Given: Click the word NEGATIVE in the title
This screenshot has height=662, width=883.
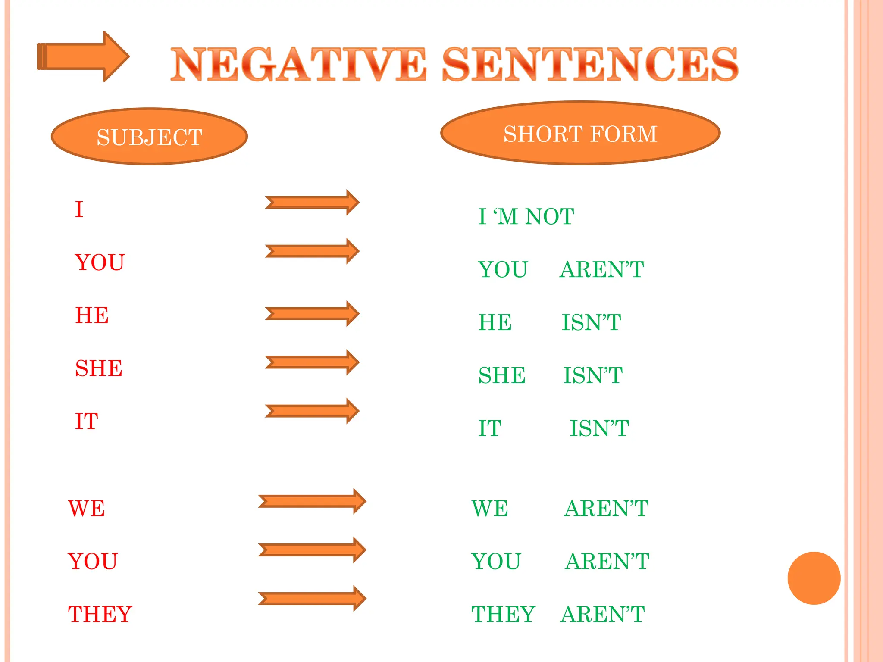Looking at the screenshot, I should point(298,65).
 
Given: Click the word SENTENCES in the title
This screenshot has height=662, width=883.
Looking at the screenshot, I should point(590,65).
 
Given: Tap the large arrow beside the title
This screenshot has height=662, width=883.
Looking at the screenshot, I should point(83,56).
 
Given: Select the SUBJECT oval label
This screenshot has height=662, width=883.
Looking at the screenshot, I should point(149,137).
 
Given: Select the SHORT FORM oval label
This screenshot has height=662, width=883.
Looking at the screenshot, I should point(580,133).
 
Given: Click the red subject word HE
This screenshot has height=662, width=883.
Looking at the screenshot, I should point(92,315).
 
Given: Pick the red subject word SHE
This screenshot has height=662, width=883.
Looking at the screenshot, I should point(99,368).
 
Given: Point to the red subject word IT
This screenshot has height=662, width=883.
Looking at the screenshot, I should point(87,422).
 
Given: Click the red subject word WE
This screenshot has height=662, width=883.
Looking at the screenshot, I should point(87,509).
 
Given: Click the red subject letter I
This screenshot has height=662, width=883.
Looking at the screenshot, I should point(79,209).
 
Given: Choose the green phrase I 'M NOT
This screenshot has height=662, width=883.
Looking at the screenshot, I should point(526,216).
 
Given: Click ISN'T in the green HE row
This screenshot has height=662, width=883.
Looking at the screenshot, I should point(591,322).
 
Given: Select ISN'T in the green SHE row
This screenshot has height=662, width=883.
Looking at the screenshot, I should point(593,375).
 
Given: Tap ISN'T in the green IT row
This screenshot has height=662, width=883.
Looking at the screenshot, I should point(599,428).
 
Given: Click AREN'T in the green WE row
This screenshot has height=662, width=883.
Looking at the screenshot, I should point(606,509).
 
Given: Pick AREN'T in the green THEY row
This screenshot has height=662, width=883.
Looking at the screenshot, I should point(603,615).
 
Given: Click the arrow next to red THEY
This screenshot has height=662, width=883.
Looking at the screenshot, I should point(312,599).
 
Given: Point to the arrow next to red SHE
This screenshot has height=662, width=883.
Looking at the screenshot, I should point(312,362).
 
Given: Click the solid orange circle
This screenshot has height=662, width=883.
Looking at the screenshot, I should point(814,578).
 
